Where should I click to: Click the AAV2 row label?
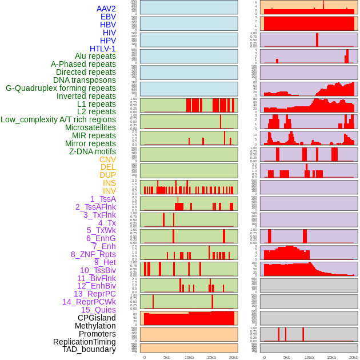[106, 9]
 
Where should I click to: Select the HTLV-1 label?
[102, 49]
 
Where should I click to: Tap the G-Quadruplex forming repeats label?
[61, 88]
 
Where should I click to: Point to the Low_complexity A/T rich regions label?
[58, 119]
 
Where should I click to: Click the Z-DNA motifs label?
[92, 151]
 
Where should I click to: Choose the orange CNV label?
[107, 159]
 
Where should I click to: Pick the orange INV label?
[109, 191]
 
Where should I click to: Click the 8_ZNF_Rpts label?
[93, 254]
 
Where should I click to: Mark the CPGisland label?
[97, 318]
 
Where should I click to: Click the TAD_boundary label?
[89, 349]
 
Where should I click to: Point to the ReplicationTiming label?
[84, 342]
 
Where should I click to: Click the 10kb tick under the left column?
[189, 357]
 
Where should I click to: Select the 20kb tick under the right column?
[353, 357]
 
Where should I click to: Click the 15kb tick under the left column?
[211, 357]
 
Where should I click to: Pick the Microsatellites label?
[90, 127]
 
